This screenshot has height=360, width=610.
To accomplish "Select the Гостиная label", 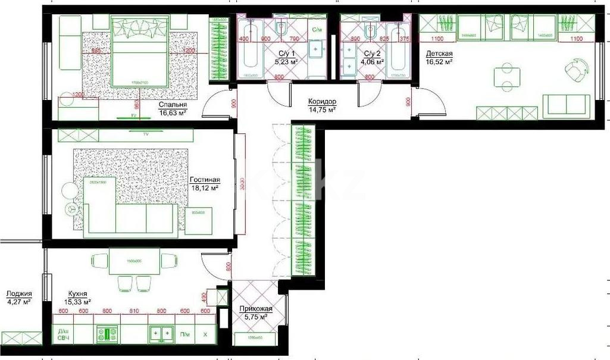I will pyautogui.click(x=205, y=180).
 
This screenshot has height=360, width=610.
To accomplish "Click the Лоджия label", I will pyautogui.click(x=18, y=293).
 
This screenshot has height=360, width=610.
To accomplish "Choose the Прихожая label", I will pyautogui.click(x=256, y=309).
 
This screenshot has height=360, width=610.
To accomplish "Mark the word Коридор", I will pyautogui.click(x=322, y=102).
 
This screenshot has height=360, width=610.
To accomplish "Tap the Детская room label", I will pyautogui.click(x=439, y=53).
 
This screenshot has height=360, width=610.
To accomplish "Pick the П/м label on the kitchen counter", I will pyautogui.click(x=185, y=334).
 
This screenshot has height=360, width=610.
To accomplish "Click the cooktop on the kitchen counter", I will pyautogui.click(x=108, y=334).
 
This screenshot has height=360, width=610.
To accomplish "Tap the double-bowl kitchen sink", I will pyautogui.click(x=161, y=334).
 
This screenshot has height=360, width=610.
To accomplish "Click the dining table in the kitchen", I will pyautogui.click(x=134, y=261).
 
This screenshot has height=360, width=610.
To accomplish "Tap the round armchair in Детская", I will pyautogui.click(x=574, y=71).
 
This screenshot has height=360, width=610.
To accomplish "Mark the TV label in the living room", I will pyautogui.click(x=146, y=134).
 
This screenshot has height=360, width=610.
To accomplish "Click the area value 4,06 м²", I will pyautogui.click(x=373, y=61).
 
